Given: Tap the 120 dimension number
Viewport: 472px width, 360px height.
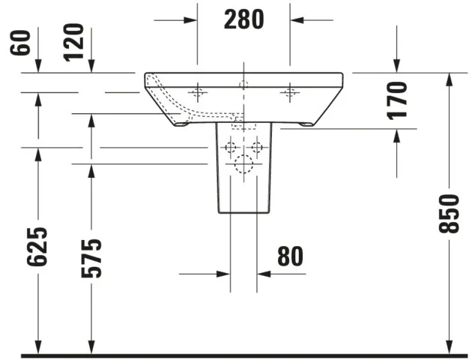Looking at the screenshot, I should pyautogui.click(x=73, y=43).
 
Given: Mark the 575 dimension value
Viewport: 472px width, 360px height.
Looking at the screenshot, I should pyautogui.click(x=91, y=257).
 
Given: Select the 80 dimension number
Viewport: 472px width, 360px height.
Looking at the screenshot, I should pyautogui.click(x=290, y=256).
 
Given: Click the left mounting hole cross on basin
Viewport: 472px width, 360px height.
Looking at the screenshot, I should pyautogui.click(x=198, y=93).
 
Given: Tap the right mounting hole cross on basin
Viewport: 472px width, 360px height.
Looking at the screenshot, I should pyautogui.click(x=290, y=93).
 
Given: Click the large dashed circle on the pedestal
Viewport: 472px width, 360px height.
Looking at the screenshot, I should pyautogui.click(x=243, y=166).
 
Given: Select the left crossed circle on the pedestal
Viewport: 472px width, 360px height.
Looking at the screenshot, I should pyautogui.click(x=230, y=146).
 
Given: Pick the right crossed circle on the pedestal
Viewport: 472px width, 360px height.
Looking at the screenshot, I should pyautogui.click(x=257, y=146).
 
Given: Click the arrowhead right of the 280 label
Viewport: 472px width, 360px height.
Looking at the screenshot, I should pyautogui.click(x=297, y=19).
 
